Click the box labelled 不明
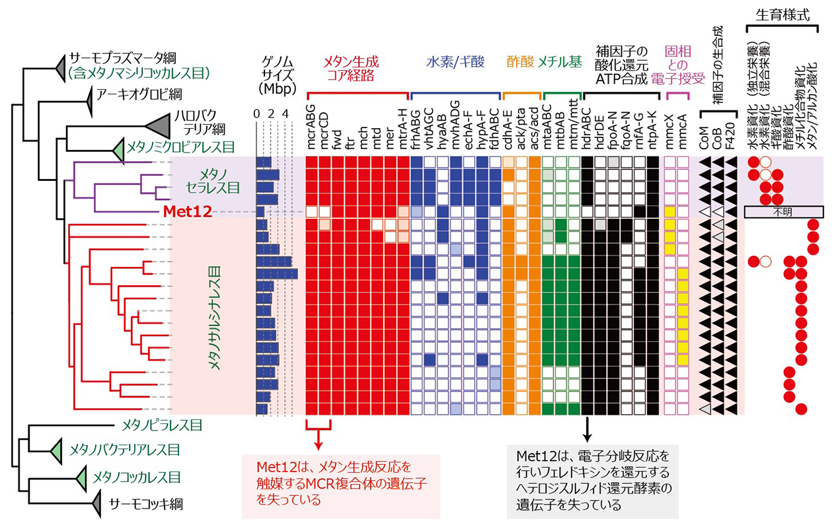pyautogui.click(x=784, y=212)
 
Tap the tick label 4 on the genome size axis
pyautogui.click(x=286, y=113)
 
